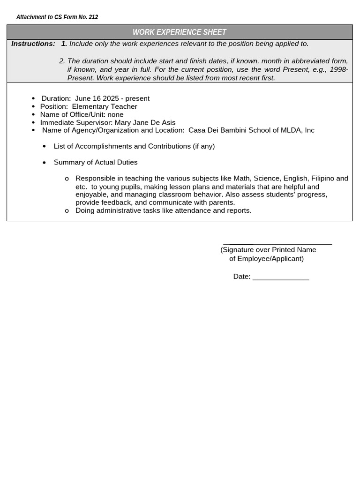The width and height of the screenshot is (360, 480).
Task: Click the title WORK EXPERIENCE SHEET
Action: (180, 32)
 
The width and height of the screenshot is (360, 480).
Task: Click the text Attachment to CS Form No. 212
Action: (57, 17)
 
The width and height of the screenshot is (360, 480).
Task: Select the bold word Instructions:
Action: (33, 44)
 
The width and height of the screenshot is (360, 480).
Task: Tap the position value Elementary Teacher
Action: (105, 106)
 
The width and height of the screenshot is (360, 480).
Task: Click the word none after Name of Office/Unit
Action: (115, 114)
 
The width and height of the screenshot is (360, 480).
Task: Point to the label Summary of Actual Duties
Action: (96, 162)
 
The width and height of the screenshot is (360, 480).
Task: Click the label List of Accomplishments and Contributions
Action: (134, 146)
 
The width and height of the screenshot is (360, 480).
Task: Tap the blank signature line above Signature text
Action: (277, 244)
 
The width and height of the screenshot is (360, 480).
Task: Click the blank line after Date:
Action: (281, 278)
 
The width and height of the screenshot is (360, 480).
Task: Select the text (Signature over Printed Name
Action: (268, 250)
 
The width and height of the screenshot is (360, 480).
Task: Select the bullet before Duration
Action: (33, 99)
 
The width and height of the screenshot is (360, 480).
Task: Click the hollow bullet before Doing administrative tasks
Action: (67, 211)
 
